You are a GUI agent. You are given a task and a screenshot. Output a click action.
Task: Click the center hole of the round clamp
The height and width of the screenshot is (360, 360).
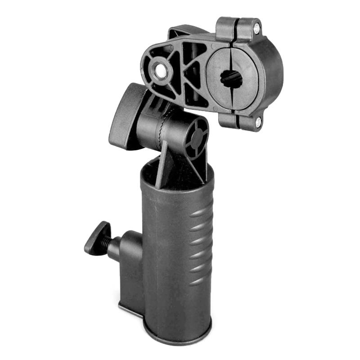[231, 79]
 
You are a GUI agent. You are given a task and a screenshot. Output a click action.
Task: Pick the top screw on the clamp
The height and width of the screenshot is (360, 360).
[256, 29]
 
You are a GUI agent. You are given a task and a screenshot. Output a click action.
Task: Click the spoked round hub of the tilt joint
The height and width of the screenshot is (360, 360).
[196, 139]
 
